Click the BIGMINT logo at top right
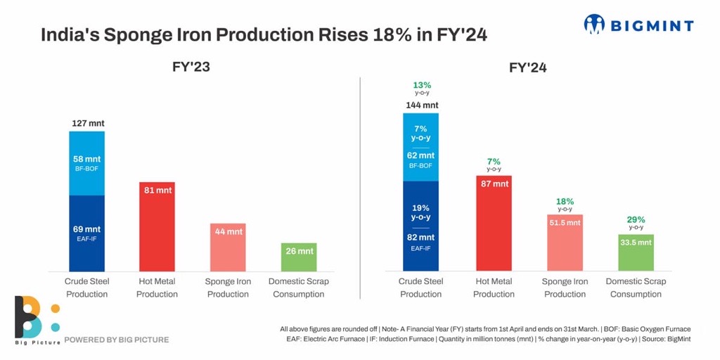pos(638,25)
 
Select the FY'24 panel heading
pos(528,67)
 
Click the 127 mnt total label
pos(88,123)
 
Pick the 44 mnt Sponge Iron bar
pos(228,247)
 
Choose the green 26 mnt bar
pos(298,257)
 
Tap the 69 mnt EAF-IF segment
pos(87,233)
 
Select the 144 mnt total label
pos(422,105)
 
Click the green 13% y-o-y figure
pos(422,86)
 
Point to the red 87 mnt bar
pos(494,224)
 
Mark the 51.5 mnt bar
pos(565,243)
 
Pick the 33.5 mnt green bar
pos(636,252)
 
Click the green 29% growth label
pos(636,220)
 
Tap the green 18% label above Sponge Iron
pos(565,202)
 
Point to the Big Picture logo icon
pos(32,318)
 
